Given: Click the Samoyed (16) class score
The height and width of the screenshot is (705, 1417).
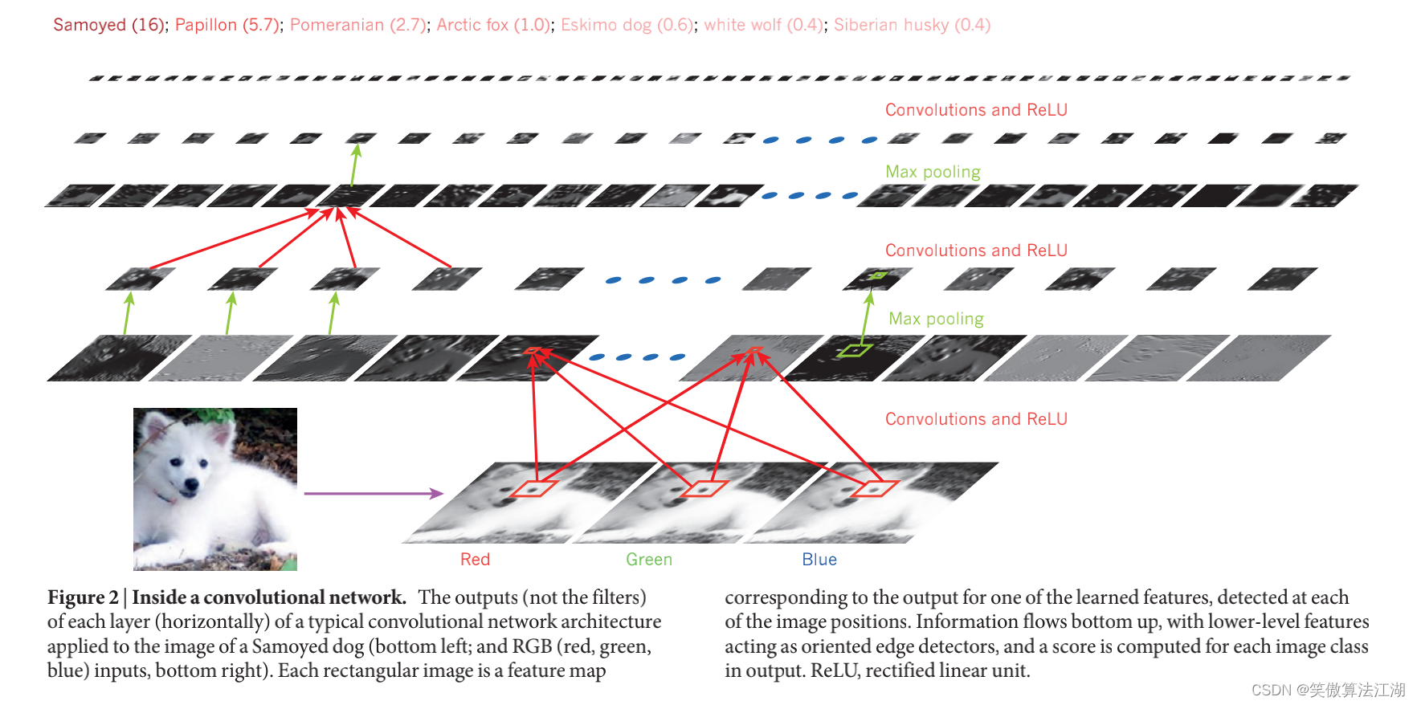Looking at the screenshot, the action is [x=109, y=25].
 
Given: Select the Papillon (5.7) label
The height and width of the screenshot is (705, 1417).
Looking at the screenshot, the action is [x=227, y=25].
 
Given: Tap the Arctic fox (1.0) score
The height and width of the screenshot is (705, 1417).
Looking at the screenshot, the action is [x=493, y=25].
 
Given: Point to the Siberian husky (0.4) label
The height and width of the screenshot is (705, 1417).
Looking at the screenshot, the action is [x=912, y=25].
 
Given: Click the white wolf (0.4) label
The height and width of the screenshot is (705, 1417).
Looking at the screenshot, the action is [x=763, y=25].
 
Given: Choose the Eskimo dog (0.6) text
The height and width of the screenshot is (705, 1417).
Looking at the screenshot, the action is [x=627, y=25].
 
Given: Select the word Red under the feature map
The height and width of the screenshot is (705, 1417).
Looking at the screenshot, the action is [x=475, y=560].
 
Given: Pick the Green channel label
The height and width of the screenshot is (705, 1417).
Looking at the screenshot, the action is [x=649, y=560].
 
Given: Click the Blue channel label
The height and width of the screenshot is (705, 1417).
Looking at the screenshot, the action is [x=819, y=560].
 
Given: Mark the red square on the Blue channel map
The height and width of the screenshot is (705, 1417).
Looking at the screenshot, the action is [x=874, y=487].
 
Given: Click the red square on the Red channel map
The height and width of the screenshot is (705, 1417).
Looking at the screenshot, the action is [x=535, y=487].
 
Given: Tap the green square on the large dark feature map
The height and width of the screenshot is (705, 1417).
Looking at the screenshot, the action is [x=854, y=350].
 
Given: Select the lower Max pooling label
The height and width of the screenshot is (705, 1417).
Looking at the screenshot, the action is [x=936, y=319].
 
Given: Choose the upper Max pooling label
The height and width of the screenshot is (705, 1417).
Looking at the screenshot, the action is [x=933, y=172].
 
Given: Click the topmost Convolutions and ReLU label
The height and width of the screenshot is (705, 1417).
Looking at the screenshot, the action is [x=976, y=110].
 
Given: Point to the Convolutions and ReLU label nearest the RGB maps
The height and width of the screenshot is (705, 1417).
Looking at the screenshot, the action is [x=976, y=419].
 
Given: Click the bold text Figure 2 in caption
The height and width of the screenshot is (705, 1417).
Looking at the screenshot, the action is [x=83, y=598].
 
